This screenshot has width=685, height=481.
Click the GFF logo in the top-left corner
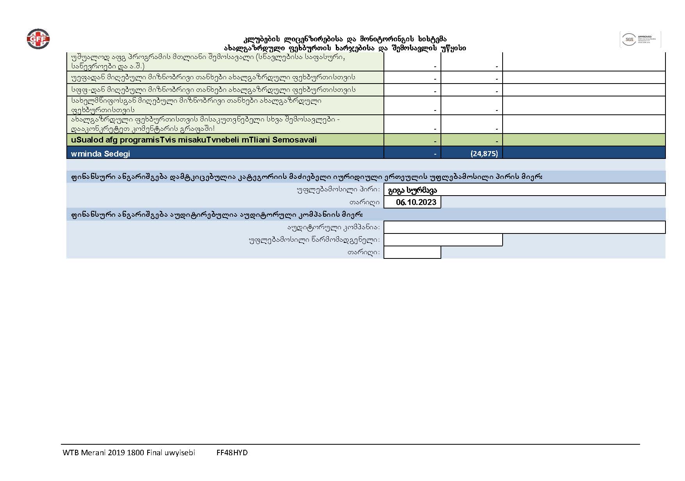[x=38, y=39]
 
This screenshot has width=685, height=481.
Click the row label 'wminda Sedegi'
[x=100, y=153]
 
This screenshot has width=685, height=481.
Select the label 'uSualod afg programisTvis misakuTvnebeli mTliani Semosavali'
[x=194, y=140]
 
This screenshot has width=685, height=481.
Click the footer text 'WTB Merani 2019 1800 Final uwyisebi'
[x=128, y=453]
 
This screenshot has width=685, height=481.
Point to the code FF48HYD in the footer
[x=232, y=453]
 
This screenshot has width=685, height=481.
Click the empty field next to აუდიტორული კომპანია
[x=524, y=227]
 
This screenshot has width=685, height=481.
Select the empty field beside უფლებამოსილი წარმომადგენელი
[x=443, y=240]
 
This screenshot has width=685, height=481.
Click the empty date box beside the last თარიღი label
[x=412, y=252]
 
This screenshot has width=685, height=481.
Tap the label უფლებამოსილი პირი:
[x=338, y=190]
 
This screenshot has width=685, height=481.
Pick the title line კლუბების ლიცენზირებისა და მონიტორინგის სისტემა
[x=345, y=39]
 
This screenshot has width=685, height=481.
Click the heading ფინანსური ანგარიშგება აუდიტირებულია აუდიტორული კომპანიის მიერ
[x=217, y=214]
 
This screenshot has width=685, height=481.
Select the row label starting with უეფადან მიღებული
[x=213, y=77]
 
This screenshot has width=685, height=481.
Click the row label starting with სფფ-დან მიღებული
[x=213, y=90]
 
